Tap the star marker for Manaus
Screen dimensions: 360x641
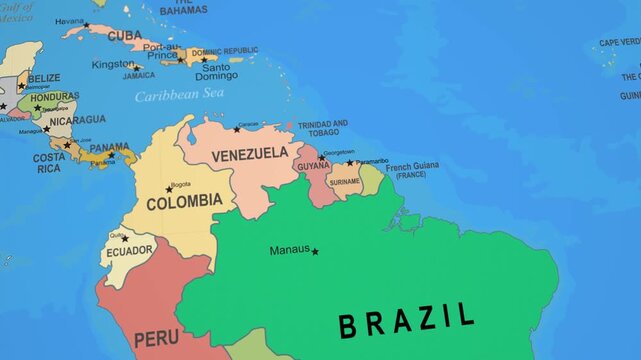coord(315,251)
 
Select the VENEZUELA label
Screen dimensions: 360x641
coord(250,154)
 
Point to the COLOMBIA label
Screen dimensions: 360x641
coord(184,201)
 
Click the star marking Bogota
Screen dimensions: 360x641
coord(170,190)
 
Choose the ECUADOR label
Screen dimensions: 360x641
coord(131,250)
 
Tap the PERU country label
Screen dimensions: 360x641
coord(156,339)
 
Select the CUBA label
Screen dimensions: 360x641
coord(124,35)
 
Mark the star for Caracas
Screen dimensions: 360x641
coord(237,129)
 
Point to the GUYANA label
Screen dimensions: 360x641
coord(313,166)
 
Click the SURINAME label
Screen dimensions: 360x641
coord(344,182)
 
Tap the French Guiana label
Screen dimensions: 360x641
coord(412,169)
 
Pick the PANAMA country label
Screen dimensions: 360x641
coord(109,147)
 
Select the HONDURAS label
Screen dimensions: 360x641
coord(54,97)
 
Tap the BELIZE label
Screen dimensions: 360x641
coord(44,77)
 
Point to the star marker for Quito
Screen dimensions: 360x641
coord(124,239)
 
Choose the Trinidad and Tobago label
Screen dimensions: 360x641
coord(322,128)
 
